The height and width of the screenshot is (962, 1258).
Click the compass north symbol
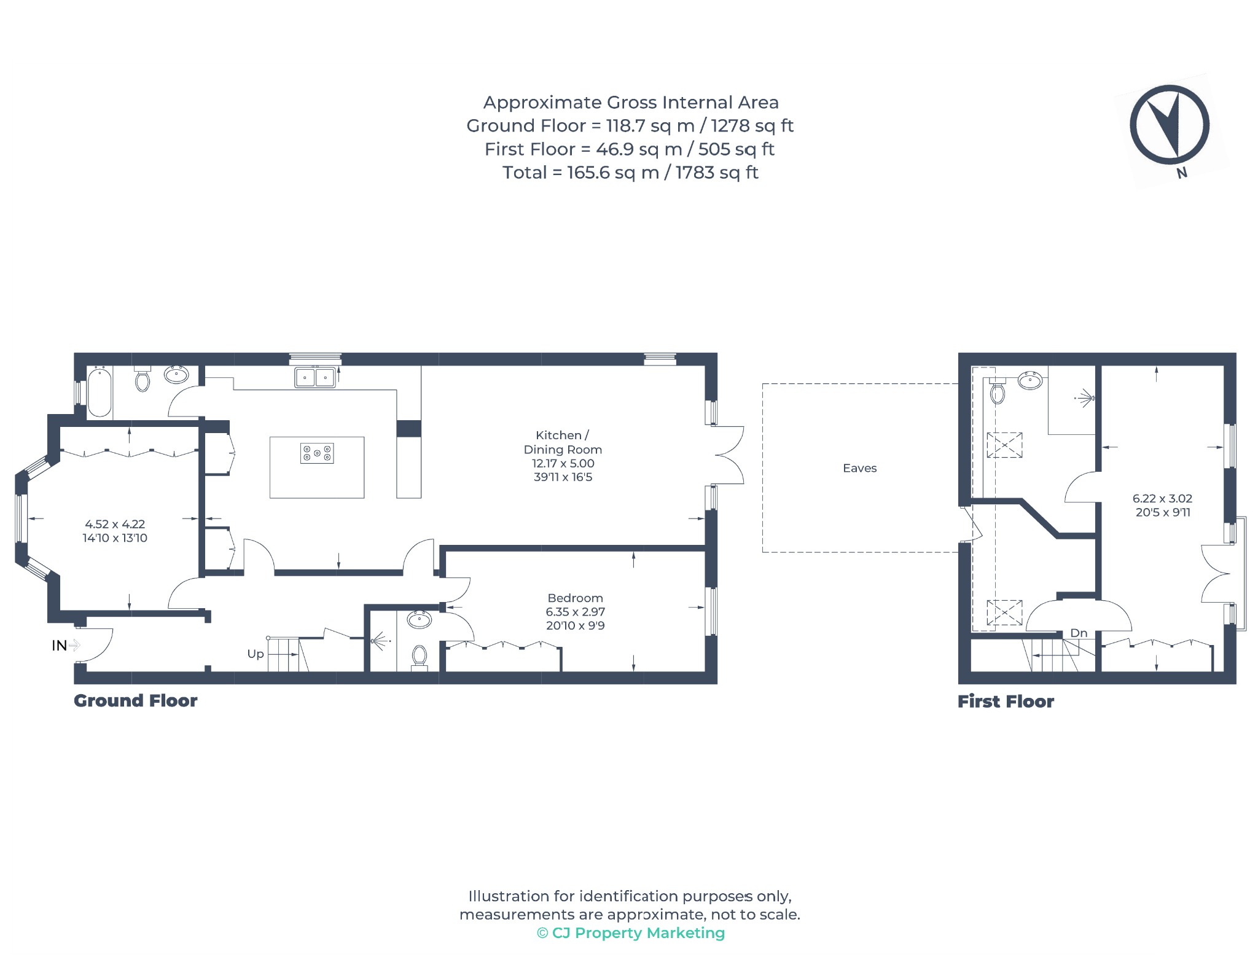pyautogui.click(x=1170, y=125)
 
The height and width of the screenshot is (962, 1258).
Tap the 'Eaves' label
pyautogui.click(x=859, y=468)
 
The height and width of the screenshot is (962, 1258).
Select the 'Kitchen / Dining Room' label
pyautogui.click(x=563, y=442)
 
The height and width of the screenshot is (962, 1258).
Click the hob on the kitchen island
pyautogui.click(x=317, y=453)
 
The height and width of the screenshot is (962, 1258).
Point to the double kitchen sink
pyautogui.click(x=315, y=377)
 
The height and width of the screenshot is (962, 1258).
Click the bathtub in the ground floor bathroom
pyautogui.click(x=100, y=392)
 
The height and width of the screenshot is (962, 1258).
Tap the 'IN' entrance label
pyautogui.click(x=59, y=646)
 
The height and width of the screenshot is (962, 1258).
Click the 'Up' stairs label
pyautogui.click(x=256, y=654)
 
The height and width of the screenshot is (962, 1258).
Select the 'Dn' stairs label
pyautogui.click(x=1079, y=633)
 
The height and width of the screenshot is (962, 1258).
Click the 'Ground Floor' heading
pyautogui.click(x=136, y=701)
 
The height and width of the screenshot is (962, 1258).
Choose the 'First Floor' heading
pyautogui.click(x=1006, y=702)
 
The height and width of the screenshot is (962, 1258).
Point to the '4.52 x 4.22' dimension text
pyautogui.click(x=115, y=524)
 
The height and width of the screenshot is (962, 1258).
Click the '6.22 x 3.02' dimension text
pyautogui.click(x=1162, y=499)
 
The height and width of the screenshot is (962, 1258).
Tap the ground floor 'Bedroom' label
pyautogui.click(x=575, y=598)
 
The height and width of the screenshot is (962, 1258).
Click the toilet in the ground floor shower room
pyautogui.click(x=420, y=657)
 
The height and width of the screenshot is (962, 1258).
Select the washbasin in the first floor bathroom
pyautogui.click(x=1030, y=380)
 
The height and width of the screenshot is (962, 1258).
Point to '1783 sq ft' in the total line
pyautogui.click(x=717, y=173)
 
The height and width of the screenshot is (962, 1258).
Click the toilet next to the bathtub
pyautogui.click(x=143, y=379)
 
